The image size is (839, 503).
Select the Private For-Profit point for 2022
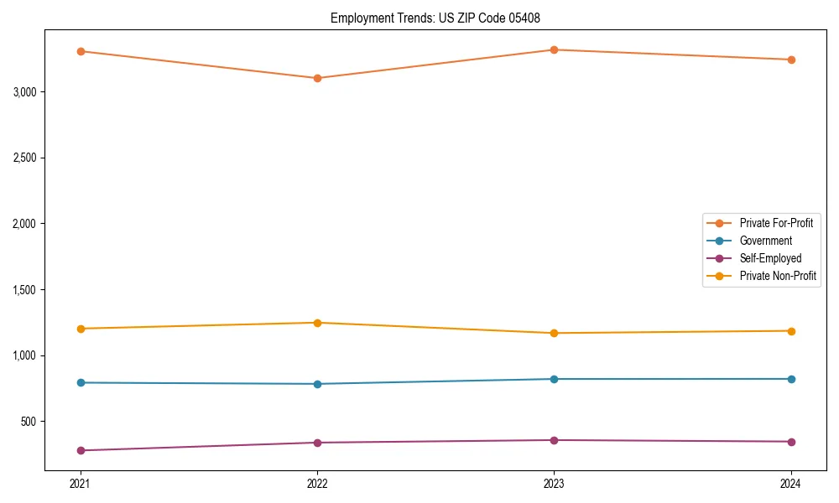[317, 78]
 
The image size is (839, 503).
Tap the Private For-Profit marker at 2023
[554, 49]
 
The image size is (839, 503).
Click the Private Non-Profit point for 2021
[81, 329]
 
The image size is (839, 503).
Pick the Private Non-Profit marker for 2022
[317, 323]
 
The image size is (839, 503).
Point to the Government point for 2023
[554, 379]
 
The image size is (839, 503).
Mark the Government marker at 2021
[81, 382]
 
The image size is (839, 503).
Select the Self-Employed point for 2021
[81, 450]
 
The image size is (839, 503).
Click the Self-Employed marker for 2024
[791, 442]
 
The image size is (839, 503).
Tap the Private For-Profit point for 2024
[791, 60]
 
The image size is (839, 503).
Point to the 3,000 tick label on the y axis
[25, 91]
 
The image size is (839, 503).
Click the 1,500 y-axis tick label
[25, 290]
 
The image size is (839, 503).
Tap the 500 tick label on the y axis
[29, 422]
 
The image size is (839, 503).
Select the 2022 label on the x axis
[317, 484]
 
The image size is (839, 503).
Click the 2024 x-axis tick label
[791, 484]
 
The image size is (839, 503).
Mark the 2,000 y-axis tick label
[25, 224]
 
